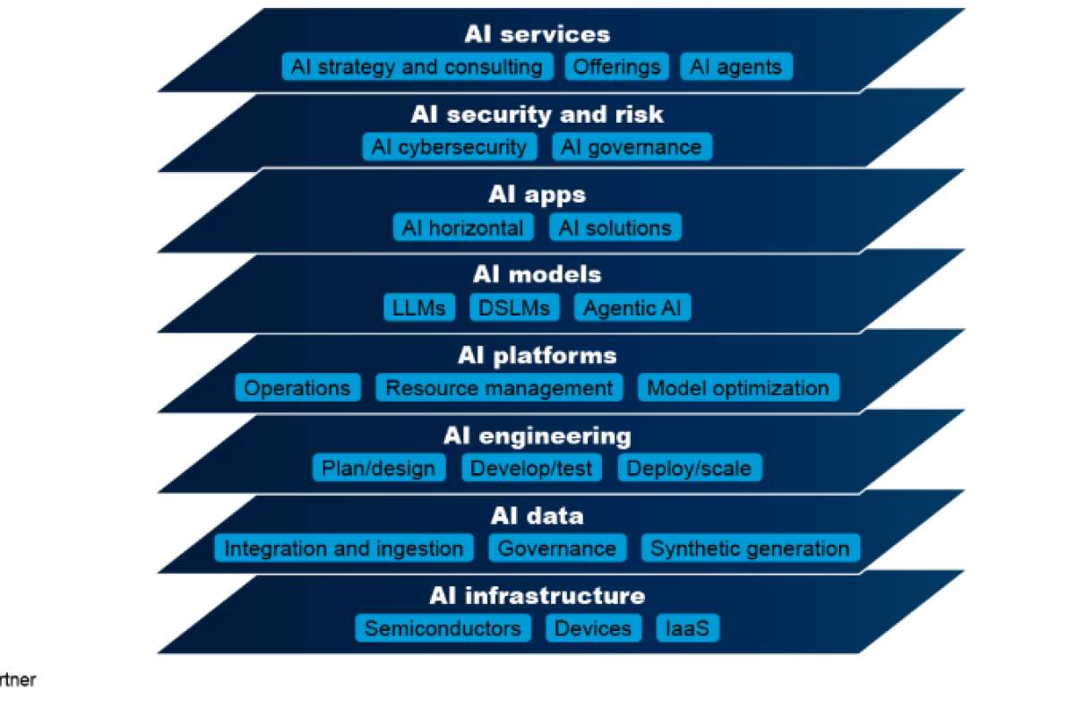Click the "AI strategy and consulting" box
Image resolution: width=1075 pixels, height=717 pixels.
point(417,67)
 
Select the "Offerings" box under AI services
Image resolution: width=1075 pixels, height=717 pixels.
point(617,67)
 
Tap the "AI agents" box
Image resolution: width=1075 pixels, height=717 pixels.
point(735,67)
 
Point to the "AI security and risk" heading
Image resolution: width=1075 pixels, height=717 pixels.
point(537,115)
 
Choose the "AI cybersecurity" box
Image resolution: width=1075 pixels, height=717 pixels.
point(450,147)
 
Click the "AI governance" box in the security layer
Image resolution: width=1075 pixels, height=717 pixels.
point(632,147)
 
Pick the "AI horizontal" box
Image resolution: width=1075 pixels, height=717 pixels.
point(463,228)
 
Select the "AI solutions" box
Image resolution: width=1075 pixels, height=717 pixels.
point(615,228)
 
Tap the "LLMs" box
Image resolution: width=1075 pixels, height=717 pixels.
point(418,308)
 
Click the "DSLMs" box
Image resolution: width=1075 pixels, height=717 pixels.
point(514,308)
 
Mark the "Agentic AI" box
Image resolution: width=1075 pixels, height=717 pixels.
point(632,308)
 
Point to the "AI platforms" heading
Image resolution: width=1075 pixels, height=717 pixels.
point(537,356)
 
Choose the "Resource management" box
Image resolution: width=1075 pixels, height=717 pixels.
point(499,388)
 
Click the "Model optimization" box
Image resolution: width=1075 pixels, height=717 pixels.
point(738,388)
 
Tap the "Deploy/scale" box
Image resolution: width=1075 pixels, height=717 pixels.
point(689,468)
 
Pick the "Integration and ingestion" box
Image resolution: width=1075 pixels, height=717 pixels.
point(344,549)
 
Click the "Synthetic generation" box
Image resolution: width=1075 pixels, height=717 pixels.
point(750,549)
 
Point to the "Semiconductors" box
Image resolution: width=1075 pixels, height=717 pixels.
point(443,628)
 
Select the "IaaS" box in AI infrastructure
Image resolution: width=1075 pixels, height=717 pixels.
point(687,628)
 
